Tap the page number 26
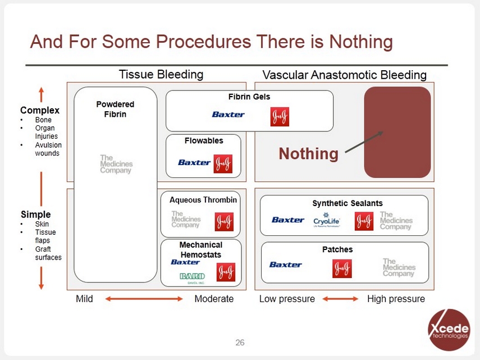pos(240,343)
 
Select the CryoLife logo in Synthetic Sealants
pos(326,220)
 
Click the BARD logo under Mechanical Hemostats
pos(192,276)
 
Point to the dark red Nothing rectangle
pos(397,132)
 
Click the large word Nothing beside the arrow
pos(308,153)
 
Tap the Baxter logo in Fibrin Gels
pos(228,115)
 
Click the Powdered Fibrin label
pos(115,109)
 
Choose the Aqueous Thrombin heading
pos(203,200)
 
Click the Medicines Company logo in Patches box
pos(398,267)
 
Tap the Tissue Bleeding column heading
pos(161,75)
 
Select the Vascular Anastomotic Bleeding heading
pos(344,75)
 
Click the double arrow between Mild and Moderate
pos(144,299)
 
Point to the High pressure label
pos(396,299)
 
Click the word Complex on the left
pos(39,110)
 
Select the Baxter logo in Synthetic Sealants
pos(287,220)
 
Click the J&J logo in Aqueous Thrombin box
pos(225,222)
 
